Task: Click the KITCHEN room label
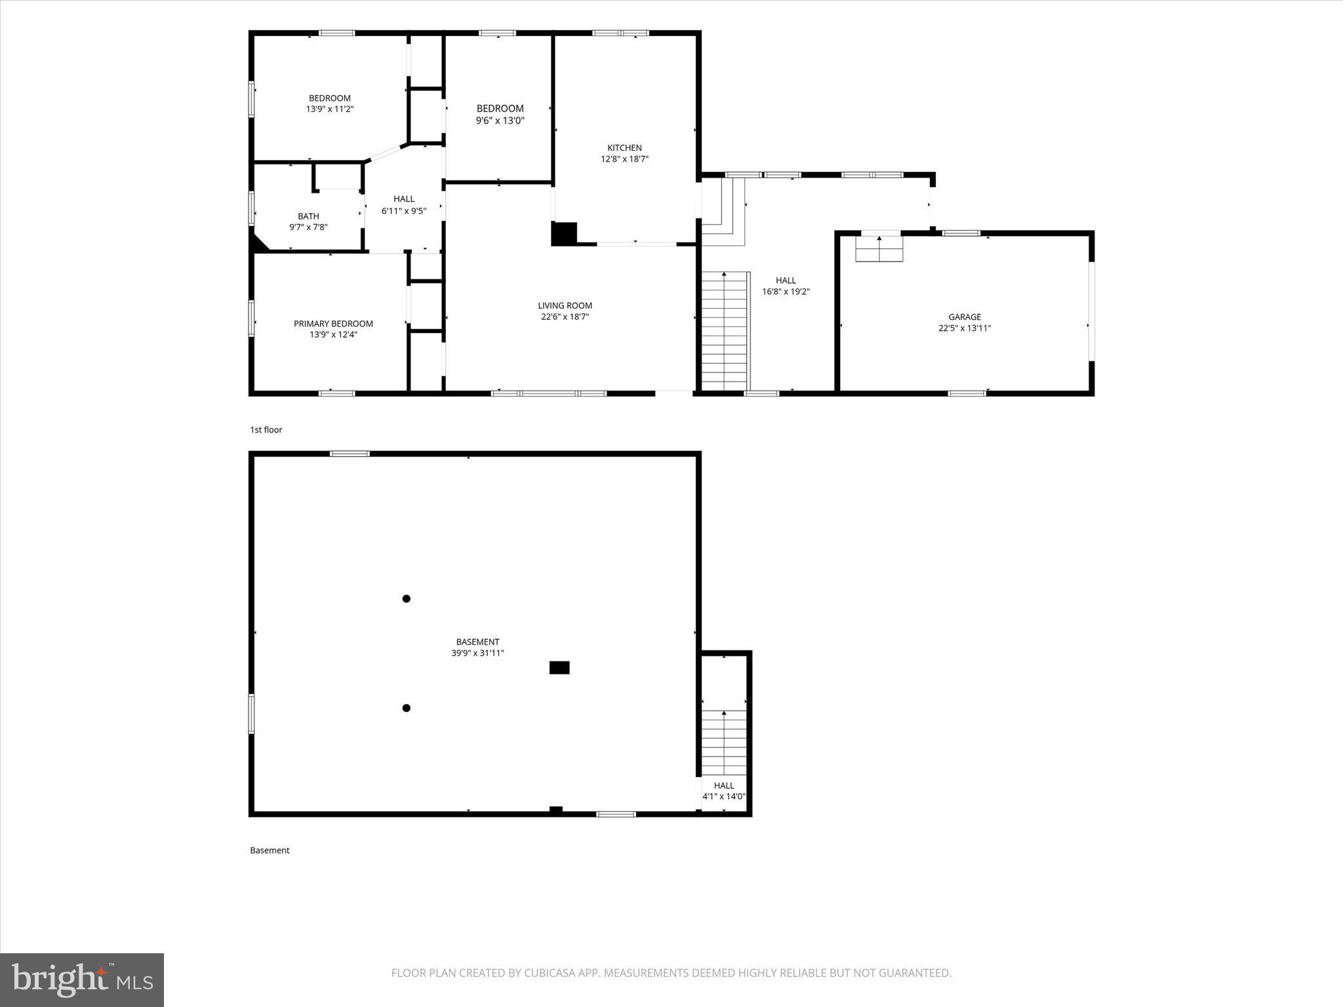click(624, 148)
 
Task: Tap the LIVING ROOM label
click(565, 306)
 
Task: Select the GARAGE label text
click(965, 317)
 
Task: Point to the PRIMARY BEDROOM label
click(333, 324)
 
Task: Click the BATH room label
click(308, 216)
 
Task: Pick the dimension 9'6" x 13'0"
click(500, 121)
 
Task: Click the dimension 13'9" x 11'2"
click(330, 109)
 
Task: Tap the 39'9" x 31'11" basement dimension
click(477, 653)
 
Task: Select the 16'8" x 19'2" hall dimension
click(786, 292)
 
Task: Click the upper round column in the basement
click(407, 599)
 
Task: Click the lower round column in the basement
click(407, 708)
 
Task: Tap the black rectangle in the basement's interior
click(559, 667)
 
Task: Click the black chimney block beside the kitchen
click(564, 234)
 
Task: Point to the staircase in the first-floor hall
click(725, 331)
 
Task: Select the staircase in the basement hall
click(724, 742)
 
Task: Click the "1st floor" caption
click(266, 430)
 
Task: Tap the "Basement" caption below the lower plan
click(270, 850)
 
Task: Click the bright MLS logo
click(82, 980)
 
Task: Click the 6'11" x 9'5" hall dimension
click(404, 211)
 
